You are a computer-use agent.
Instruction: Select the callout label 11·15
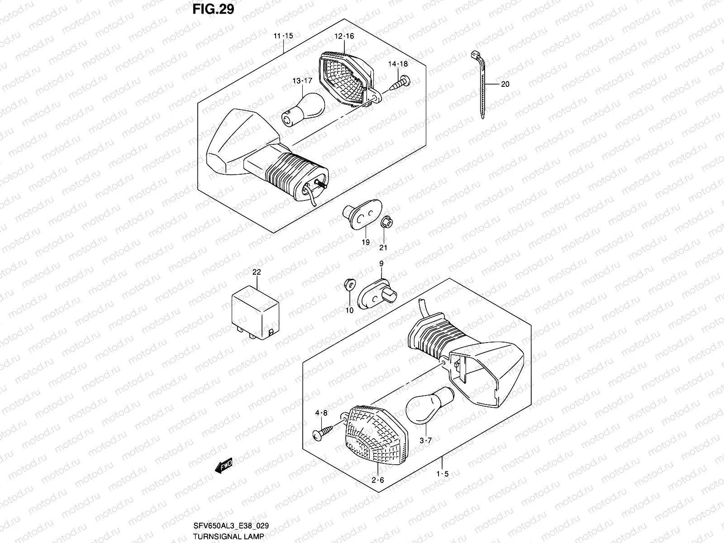[x=283, y=36]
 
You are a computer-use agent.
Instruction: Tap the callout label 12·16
[x=344, y=36]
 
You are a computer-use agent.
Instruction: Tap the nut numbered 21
[x=386, y=222]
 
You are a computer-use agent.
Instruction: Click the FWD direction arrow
[x=224, y=478]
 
